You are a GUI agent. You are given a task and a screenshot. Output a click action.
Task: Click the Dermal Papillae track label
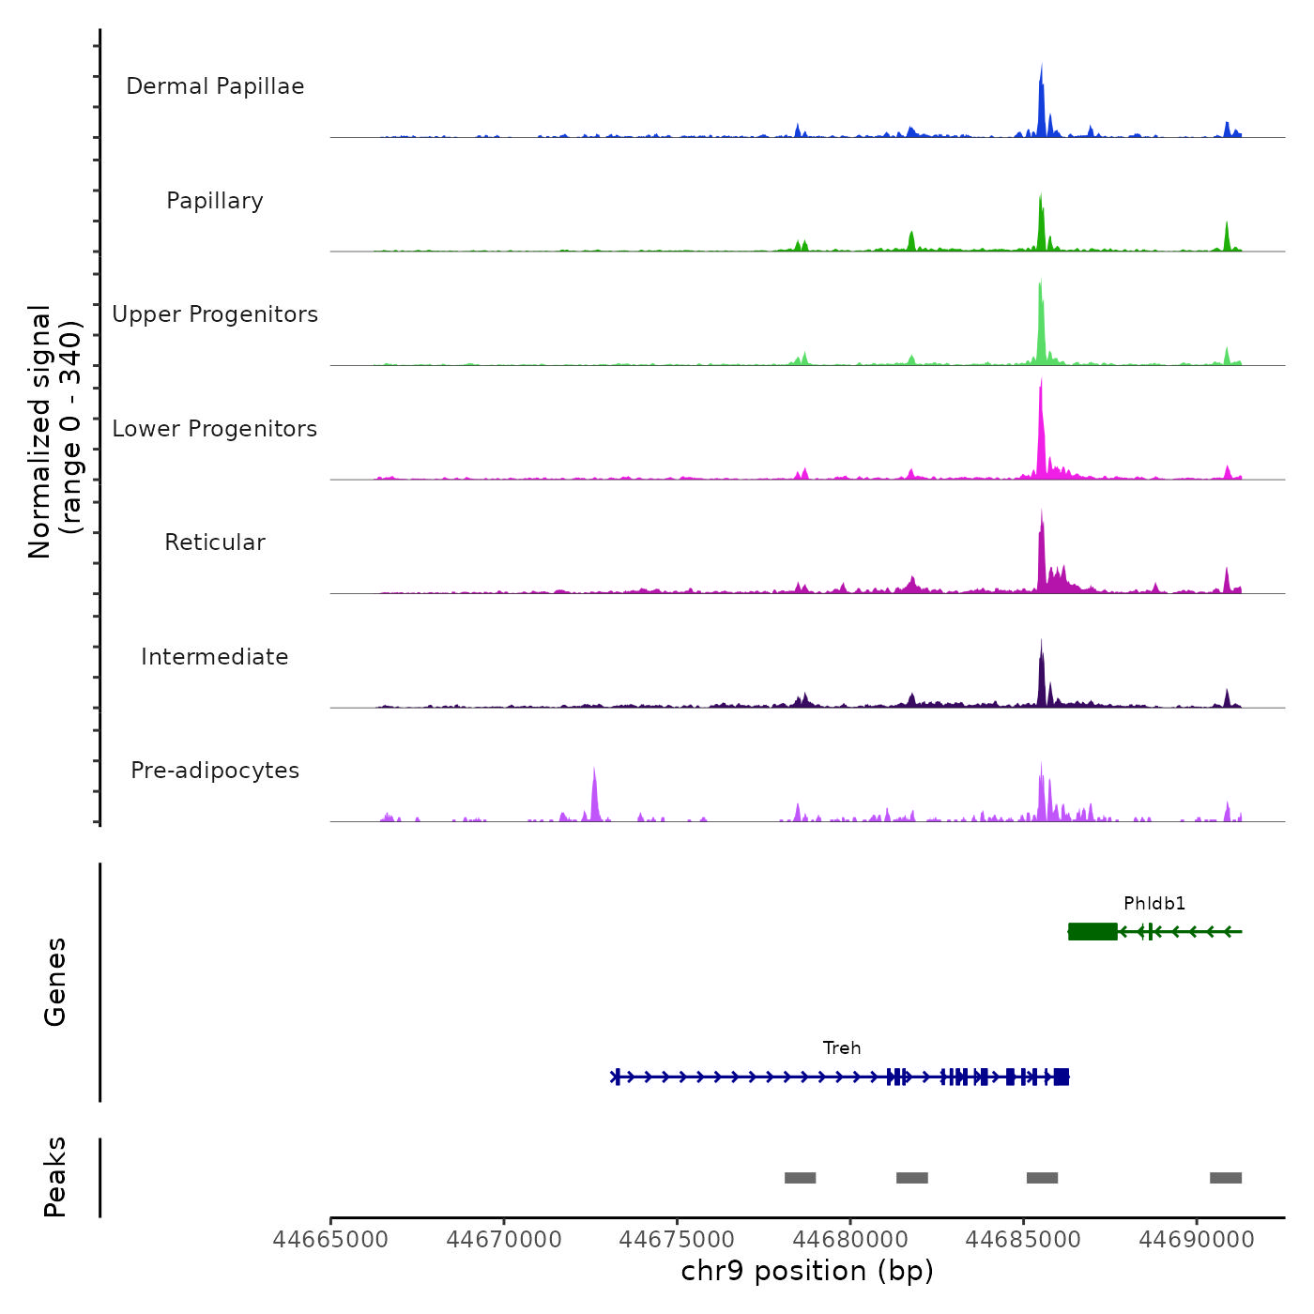click(215, 86)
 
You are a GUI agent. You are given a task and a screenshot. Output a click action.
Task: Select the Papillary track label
click(215, 201)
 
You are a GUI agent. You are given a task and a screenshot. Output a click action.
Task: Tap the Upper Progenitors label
click(215, 314)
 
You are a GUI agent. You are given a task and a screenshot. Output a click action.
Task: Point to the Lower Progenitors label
click(215, 429)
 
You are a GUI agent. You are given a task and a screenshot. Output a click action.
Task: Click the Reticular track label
click(215, 542)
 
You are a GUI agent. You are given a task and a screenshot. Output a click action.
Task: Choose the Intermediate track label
click(215, 657)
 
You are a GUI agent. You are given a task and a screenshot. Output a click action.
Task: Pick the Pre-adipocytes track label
click(215, 771)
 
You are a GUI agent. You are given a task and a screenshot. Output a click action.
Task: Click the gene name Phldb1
click(1154, 904)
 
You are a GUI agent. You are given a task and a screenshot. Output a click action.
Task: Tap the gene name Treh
click(842, 1048)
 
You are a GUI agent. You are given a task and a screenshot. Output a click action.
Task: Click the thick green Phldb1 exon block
click(1092, 931)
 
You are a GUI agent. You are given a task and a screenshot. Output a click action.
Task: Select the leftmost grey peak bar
click(800, 1178)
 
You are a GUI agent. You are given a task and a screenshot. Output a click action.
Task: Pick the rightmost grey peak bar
click(1226, 1178)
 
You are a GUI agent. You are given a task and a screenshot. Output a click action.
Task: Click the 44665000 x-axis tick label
click(330, 1240)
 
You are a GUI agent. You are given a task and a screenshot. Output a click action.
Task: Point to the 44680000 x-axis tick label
click(850, 1240)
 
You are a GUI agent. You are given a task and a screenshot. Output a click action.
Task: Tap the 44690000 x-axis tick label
click(1197, 1240)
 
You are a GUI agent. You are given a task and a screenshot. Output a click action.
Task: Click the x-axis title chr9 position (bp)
click(807, 1272)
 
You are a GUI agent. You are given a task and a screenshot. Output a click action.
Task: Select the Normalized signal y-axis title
click(54, 432)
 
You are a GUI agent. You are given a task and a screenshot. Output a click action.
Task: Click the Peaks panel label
click(55, 1177)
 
